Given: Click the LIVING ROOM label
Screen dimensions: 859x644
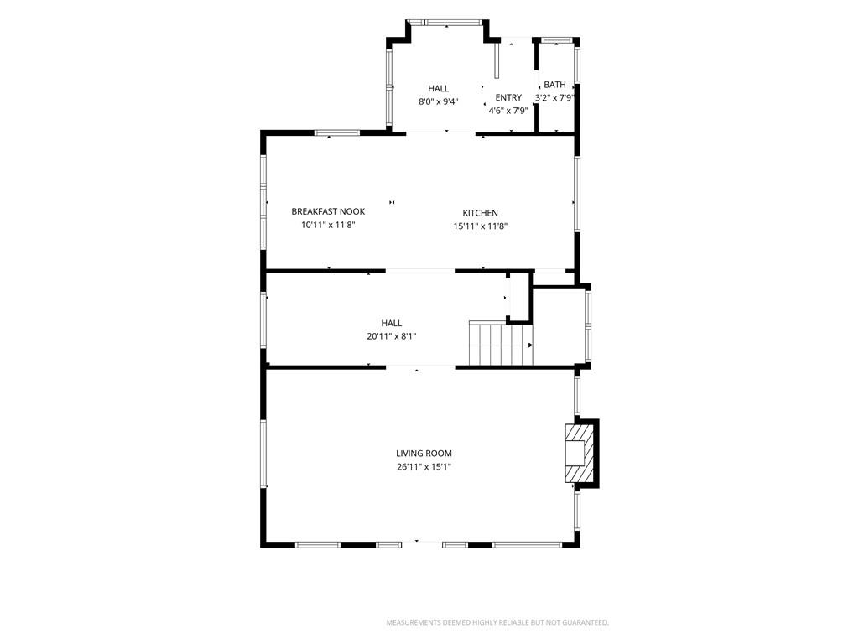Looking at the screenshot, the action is (424, 454).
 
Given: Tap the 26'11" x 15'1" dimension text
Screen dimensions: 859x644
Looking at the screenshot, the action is (424, 467).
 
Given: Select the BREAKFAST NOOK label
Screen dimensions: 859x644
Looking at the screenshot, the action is (328, 211).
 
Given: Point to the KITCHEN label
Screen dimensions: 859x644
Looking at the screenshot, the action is (481, 213).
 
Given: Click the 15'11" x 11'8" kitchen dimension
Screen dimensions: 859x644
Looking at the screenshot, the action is (481, 226).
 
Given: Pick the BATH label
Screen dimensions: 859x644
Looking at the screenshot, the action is (555, 85).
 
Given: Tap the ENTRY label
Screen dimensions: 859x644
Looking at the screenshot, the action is (508, 97).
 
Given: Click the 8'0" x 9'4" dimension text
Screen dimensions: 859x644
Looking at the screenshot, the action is (438, 101).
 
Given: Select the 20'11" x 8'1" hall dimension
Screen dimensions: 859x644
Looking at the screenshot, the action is (392, 336).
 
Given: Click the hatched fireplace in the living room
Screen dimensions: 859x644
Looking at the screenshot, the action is (580, 453).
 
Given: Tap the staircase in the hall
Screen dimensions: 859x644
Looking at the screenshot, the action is (501, 345).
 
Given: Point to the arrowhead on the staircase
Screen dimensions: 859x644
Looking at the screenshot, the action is (530, 345).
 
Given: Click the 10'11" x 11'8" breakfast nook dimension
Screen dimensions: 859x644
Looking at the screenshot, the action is (328, 225).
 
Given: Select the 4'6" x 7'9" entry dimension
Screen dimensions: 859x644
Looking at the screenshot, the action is (508, 111).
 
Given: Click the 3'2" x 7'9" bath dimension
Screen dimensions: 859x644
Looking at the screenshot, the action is (554, 98).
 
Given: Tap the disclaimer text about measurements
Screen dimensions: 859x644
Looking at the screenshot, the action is (497, 623).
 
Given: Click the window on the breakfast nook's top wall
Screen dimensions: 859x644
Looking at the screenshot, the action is (337, 132).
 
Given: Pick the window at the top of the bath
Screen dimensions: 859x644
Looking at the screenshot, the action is (557, 40).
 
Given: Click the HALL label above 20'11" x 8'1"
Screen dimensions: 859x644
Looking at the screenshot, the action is (392, 323).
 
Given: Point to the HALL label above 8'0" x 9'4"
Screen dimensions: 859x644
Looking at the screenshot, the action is (438, 88).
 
